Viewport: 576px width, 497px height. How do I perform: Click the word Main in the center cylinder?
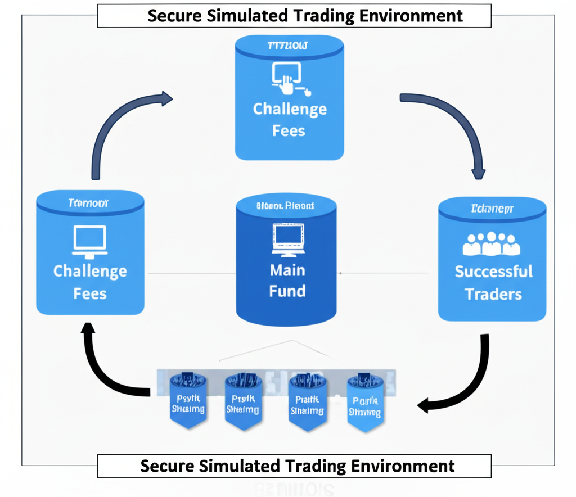(287, 270)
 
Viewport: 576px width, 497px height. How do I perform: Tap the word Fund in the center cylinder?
(287, 291)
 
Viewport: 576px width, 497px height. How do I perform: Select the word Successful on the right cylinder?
(493, 272)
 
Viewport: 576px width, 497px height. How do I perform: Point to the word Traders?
(493, 294)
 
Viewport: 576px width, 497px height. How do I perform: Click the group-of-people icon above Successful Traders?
(491, 243)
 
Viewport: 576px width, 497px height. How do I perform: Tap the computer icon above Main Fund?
(287, 237)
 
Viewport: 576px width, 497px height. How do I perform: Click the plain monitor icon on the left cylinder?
(90, 238)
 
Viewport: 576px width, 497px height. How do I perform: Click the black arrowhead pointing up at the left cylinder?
(88, 329)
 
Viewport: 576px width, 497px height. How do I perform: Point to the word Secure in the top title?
(175, 16)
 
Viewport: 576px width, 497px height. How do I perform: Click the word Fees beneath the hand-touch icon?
(289, 131)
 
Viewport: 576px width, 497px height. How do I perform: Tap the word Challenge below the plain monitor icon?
(90, 272)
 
